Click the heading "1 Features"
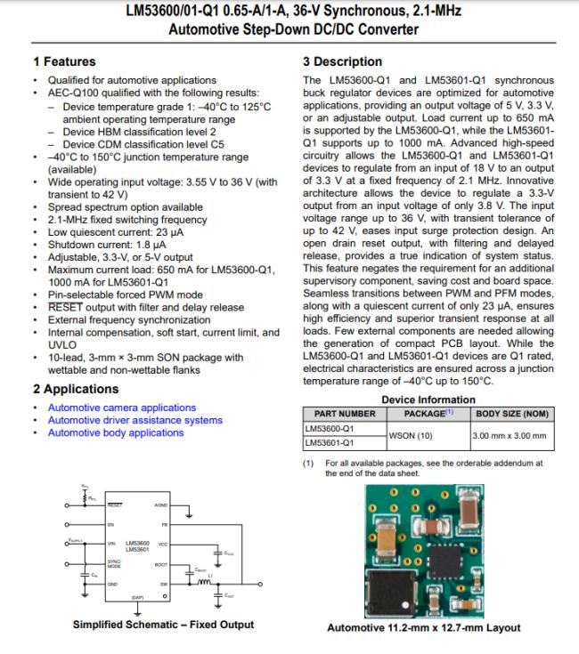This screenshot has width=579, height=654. (64, 61)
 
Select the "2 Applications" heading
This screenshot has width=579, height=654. (76, 389)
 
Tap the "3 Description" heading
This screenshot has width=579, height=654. (343, 61)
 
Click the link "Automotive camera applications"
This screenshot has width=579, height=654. (121, 408)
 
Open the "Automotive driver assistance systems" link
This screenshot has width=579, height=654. (135, 420)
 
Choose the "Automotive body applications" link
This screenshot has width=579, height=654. (116, 432)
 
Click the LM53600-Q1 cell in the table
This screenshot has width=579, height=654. (330, 428)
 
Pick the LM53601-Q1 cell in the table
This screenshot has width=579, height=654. (330, 442)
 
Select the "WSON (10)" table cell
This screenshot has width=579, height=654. (412, 435)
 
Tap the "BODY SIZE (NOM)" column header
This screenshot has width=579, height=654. (512, 414)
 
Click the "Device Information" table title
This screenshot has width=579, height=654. (428, 400)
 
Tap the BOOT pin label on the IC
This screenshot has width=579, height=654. (161, 564)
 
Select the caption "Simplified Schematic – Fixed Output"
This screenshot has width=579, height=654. (163, 625)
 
